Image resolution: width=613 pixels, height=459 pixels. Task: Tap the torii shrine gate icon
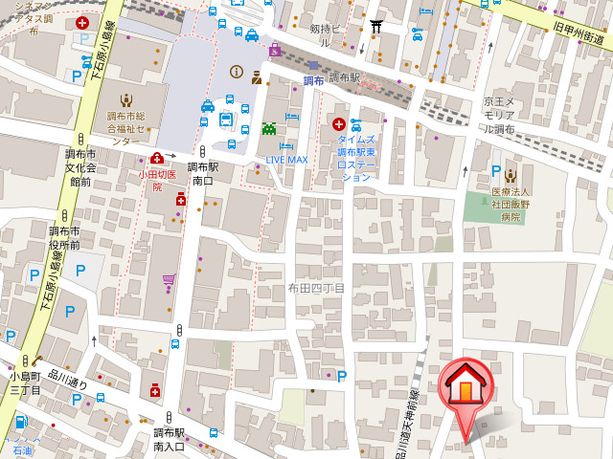pyautogui.click(x=376, y=27)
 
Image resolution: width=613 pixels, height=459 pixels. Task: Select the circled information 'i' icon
pyautogui.click(x=237, y=72)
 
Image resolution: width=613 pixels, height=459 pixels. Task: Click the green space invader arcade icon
pyautogui.click(x=269, y=128)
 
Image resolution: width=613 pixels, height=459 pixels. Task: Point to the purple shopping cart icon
pyautogui.click(x=169, y=282)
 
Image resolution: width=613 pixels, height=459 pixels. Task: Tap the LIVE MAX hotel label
pyautogui.click(x=286, y=159)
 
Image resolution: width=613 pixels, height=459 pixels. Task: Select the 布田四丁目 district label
pyautogui.click(x=316, y=288)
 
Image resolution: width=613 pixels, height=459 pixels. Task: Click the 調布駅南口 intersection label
pyautogui.click(x=203, y=173)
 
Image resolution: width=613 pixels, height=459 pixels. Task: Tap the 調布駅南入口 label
pyautogui.click(x=170, y=439)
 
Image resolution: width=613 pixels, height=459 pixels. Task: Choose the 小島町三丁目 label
pyautogui.click(x=25, y=383)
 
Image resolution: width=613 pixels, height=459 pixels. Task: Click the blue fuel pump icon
pyautogui.click(x=21, y=422)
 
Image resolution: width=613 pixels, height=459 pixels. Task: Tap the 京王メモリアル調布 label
pyautogui.click(x=498, y=115)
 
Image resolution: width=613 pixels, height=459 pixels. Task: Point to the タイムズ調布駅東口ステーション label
pyautogui.click(x=355, y=158)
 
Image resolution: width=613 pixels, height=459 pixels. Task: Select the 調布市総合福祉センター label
pyautogui.click(x=126, y=128)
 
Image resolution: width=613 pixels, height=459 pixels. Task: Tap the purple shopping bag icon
pyautogui.click(x=275, y=50)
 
